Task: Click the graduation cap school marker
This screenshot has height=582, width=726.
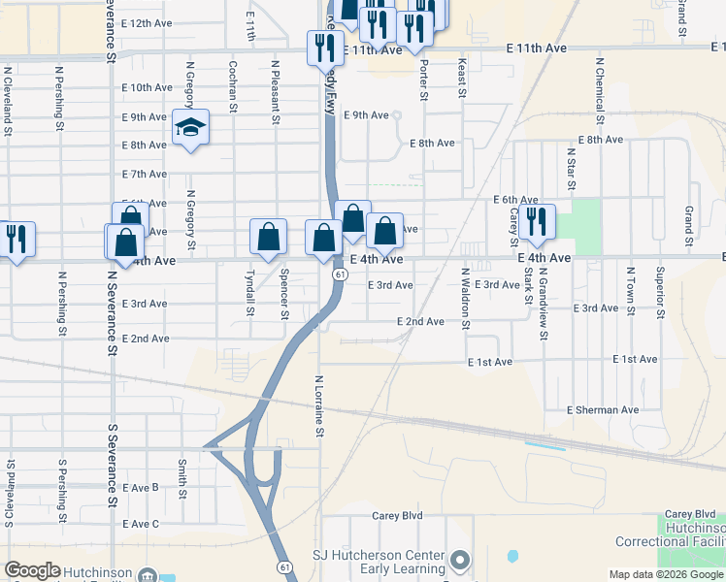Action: coord(190,128)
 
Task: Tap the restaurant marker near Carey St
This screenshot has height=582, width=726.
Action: coord(536,222)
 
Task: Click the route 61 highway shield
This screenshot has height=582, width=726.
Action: coord(338,275)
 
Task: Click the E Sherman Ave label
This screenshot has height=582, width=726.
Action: coord(603,410)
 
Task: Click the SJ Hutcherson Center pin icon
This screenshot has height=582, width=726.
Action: coord(460,560)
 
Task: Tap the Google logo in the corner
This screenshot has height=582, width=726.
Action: coord(32,570)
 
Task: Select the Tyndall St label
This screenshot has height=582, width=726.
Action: coord(250,293)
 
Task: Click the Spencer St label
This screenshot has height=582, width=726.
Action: coord(284,293)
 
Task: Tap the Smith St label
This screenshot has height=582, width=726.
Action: coord(181,477)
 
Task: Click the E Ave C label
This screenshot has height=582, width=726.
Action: coord(141,524)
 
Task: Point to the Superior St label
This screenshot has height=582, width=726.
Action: coord(660,292)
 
